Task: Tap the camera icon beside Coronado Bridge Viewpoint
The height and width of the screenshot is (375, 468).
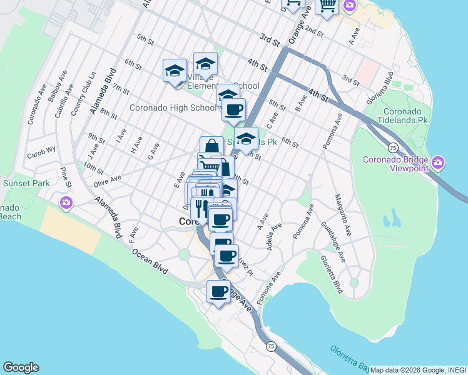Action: tap(438, 163)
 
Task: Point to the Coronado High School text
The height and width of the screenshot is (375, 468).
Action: tap(172, 107)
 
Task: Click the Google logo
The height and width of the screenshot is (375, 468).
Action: tap(21, 367)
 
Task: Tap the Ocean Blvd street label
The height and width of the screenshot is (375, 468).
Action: tap(150, 261)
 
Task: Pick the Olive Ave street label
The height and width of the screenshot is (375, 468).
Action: tap(107, 179)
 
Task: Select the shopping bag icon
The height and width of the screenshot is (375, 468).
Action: tap(211, 147)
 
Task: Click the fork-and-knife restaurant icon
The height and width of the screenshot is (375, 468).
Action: tap(202, 206)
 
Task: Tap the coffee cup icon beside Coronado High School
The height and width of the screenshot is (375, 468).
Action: tap(234, 110)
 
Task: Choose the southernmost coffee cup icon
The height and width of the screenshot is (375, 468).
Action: tap(219, 291)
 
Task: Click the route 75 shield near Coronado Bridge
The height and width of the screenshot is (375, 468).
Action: tap(392, 147)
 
